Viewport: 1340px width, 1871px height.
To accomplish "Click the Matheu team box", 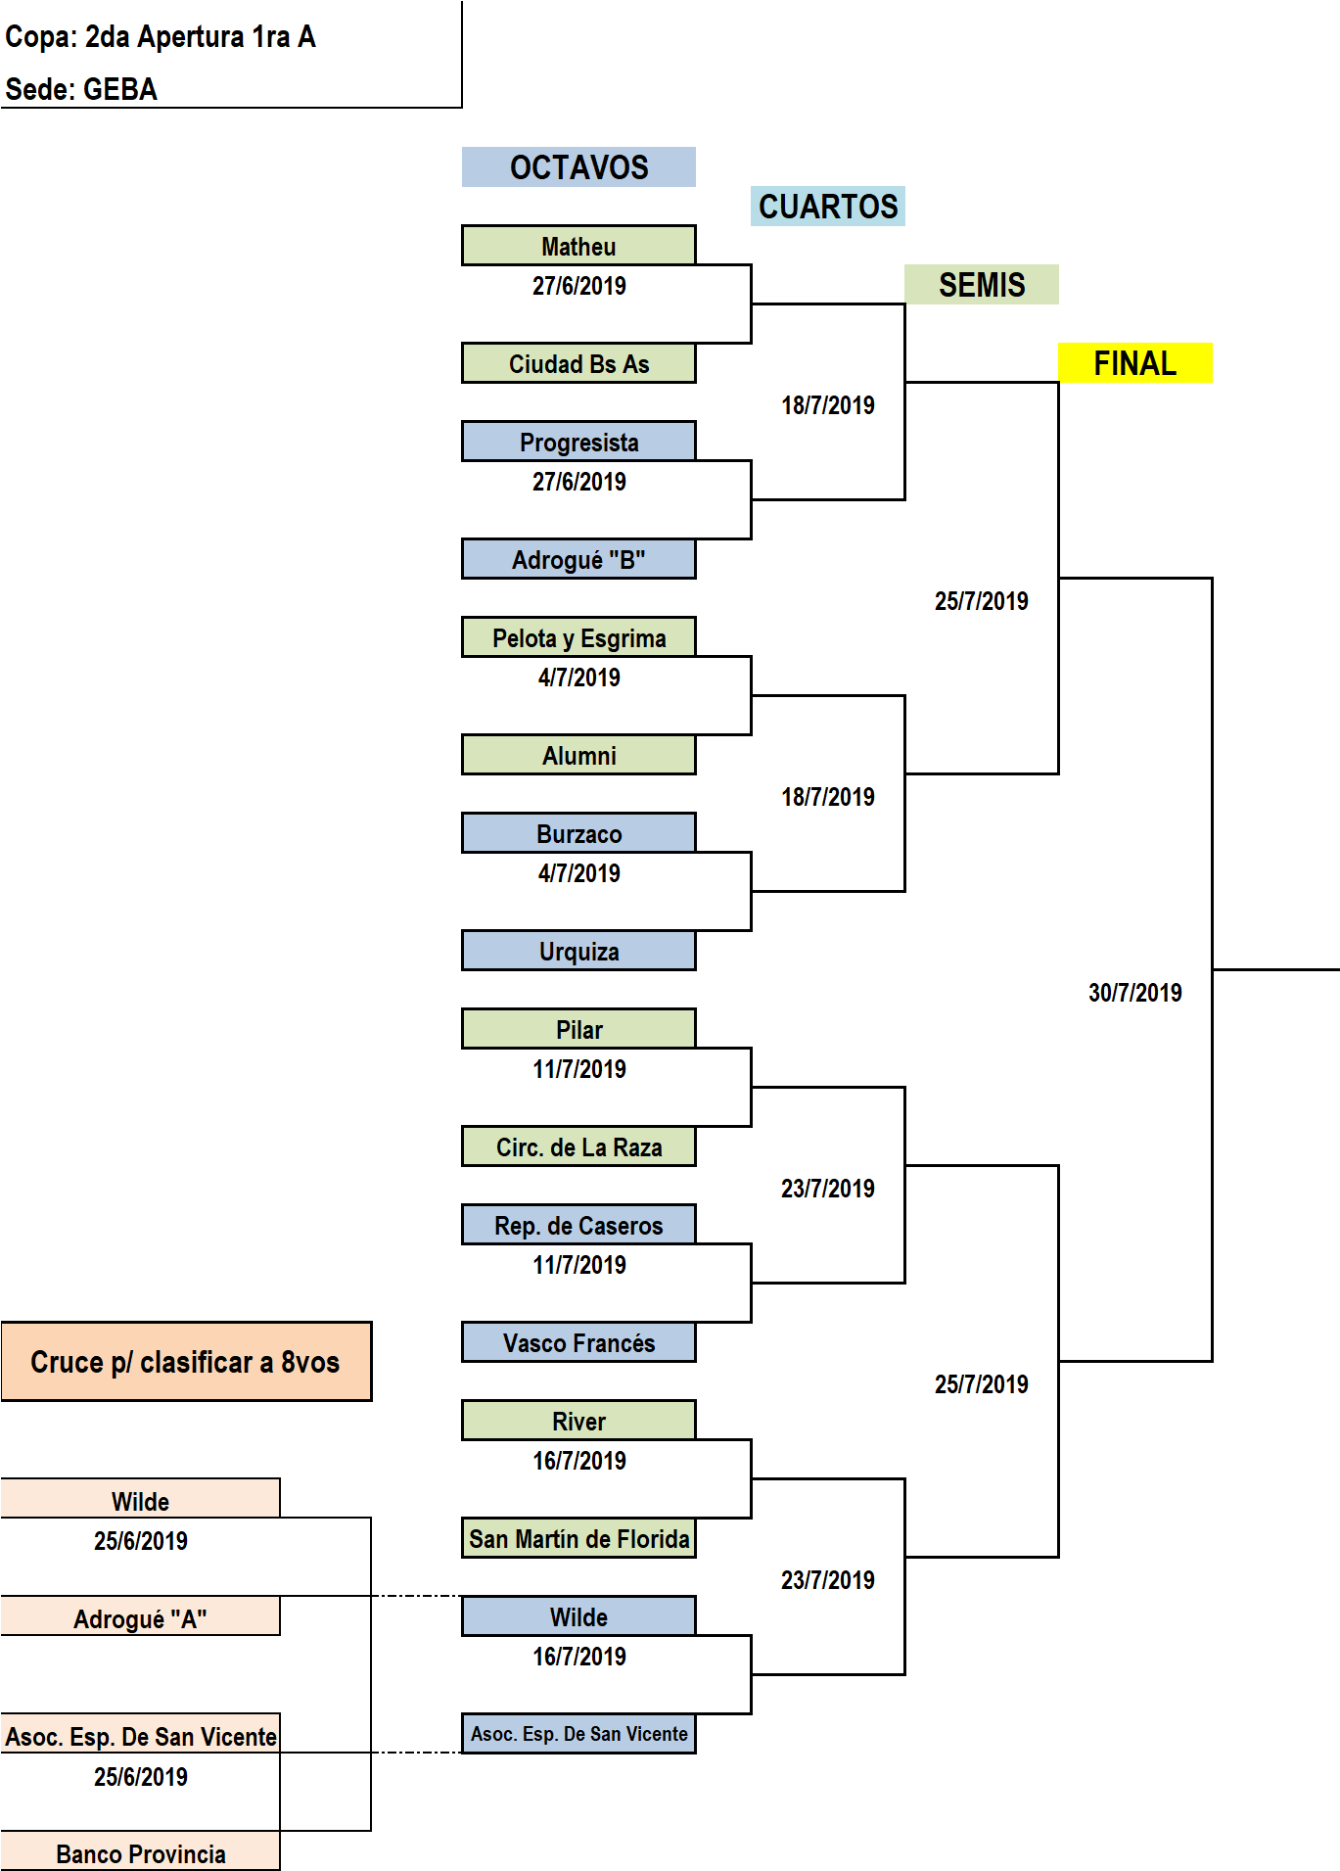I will point(578,246).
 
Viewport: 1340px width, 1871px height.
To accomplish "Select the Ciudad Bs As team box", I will point(578,363).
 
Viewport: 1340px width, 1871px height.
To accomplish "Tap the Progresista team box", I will point(578,442).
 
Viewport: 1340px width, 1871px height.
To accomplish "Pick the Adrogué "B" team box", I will point(578,559).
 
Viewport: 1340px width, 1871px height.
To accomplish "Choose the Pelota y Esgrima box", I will point(578,637).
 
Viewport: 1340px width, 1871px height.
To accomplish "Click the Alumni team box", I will point(578,755).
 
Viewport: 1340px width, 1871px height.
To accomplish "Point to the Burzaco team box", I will point(578,833).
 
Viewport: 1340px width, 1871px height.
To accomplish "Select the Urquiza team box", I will point(578,951).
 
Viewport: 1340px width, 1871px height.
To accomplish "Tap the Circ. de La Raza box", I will point(578,1146).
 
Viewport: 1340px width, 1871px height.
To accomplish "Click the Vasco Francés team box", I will point(578,1342).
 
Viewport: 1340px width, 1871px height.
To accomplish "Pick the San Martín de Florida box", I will point(578,1538).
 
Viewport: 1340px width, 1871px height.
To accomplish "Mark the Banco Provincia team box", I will point(140,1852).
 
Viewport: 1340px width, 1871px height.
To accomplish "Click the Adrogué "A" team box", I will point(140,1617).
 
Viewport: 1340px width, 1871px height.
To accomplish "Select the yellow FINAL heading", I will point(1135,363).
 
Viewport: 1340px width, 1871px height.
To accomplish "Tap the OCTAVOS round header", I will point(578,167).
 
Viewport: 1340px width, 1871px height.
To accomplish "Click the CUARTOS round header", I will point(828,207).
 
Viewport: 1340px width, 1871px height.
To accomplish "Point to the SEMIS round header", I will point(982,285).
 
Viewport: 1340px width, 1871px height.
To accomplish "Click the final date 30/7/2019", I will point(1135,993).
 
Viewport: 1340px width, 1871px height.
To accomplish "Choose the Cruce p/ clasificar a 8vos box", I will point(186,1362).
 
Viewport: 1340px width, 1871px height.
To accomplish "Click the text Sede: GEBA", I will point(81,89).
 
